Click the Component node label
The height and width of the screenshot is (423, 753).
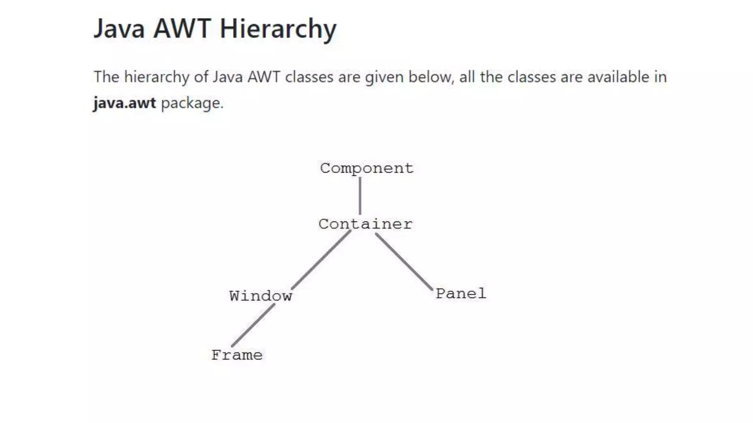pos(367,168)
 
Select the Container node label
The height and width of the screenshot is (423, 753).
pos(365,224)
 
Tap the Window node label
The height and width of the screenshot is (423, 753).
pos(261,296)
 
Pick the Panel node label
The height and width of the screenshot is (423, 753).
pos(461,293)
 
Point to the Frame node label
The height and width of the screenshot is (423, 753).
pos(237,355)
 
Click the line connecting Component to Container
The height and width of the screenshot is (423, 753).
pos(360,196)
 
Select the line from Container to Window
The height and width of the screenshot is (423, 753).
pos(321,260)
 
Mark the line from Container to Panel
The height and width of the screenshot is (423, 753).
pos(404,262)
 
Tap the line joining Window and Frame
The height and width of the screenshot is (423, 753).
pos(253,325)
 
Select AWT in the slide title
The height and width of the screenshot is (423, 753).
pos(182,29)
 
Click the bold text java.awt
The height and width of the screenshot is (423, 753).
pos(125,103)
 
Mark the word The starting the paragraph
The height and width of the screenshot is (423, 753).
pos(107,77)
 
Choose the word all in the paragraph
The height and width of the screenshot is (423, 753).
pos(467,77)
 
